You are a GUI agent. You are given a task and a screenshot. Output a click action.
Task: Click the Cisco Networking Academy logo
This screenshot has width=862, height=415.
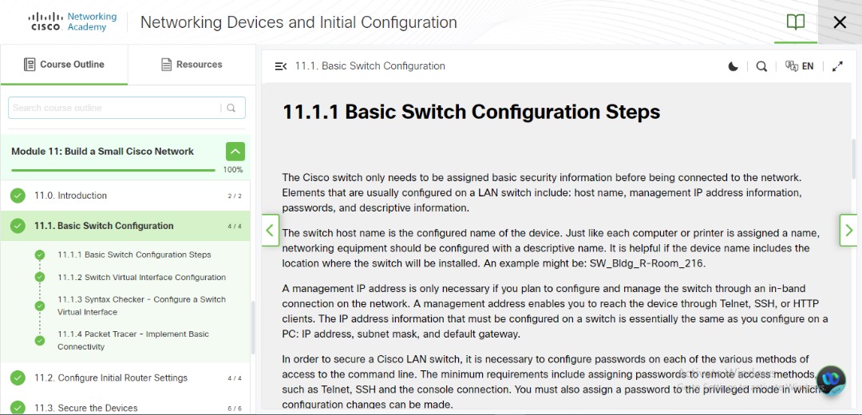pos(72,22)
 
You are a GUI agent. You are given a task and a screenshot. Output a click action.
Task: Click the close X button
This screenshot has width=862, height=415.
pos(840,22)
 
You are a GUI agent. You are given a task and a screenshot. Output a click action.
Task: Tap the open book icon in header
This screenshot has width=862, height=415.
pos(796,22)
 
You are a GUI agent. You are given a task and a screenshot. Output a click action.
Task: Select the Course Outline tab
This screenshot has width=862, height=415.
pos(64,65)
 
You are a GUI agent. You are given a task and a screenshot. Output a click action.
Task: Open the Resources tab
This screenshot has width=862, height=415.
pos(192,65)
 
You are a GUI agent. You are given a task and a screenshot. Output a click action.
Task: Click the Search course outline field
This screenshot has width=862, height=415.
pos(116,108)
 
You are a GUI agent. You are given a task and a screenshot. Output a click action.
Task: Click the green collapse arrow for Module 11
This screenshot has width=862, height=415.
pos(235,151)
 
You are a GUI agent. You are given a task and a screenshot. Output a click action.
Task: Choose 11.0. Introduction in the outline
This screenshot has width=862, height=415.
pos(70,196)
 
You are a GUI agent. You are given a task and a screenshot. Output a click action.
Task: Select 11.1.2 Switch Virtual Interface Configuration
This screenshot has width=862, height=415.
pos(141,277)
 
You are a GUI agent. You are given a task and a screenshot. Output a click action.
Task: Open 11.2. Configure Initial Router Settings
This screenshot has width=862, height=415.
pos(111,377)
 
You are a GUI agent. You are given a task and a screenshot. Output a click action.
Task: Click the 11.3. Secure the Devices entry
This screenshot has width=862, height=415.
pos(85,408)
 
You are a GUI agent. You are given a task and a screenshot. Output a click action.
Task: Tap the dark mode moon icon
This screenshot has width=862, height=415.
pos(733,66)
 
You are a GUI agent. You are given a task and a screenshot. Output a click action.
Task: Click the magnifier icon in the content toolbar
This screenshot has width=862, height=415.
pos(761,66)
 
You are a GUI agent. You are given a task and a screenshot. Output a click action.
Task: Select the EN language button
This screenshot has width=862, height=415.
pos(800,66)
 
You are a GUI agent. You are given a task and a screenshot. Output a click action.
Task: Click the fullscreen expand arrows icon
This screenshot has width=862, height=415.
pos(837,66)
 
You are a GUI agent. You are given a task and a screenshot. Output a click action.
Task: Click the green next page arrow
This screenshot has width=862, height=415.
pos(848,231)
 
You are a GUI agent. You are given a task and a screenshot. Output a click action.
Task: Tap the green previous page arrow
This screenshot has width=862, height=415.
pos(270,231)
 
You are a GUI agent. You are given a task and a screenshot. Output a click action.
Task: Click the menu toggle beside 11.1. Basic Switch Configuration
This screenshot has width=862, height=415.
pos(280,66)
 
